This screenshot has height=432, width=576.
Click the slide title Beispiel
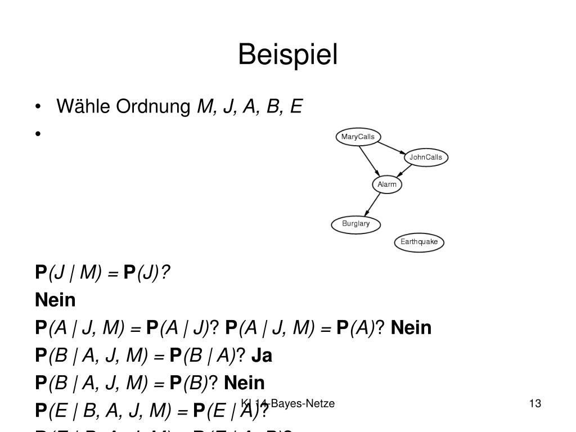287,55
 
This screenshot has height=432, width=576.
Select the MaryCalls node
358,137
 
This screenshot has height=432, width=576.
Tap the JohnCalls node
426,157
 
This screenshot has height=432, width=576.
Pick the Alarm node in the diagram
387,184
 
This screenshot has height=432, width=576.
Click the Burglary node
356,224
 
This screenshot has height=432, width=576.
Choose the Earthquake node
419,242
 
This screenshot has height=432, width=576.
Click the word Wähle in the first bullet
84,106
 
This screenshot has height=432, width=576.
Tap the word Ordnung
153,106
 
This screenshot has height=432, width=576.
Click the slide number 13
534,403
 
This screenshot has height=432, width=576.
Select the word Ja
262,355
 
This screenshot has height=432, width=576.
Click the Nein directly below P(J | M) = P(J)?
55,300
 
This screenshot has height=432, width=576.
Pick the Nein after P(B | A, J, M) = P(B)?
244,383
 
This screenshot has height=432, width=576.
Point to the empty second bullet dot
38,134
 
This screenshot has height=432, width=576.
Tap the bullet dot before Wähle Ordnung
38,107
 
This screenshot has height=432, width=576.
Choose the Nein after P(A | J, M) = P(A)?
411,327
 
